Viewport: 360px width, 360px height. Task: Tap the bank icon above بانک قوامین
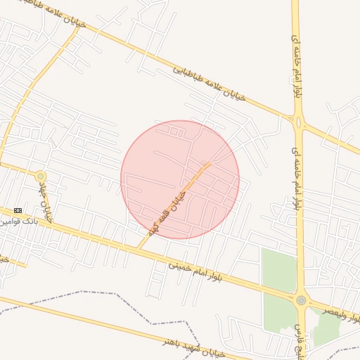[x=18, y=210]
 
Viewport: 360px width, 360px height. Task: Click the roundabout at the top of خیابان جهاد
[x=41, y=176]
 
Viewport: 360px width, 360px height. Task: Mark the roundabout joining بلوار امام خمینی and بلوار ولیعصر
[x=302, y=300]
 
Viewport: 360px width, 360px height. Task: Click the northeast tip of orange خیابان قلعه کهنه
[x=209, y=164]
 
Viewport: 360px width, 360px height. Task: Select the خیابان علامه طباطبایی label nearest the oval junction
[x=210, y=84]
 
